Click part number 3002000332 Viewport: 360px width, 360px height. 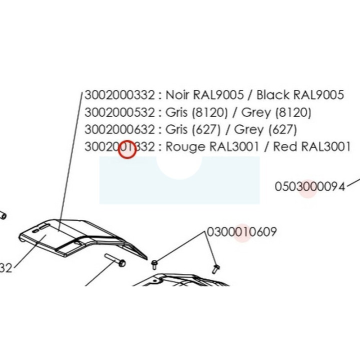(x=119, y=95)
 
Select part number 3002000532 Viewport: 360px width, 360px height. (x=119, y=112)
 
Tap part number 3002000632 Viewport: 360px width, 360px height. (x=119, y=129)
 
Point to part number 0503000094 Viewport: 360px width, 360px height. (x=310, y=186)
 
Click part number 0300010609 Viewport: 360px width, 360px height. (x=242, y=231)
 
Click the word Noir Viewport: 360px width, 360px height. (x=177, y=95)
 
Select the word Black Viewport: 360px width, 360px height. (x=273, y=94)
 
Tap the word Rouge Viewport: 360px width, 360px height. (x=185, y=146)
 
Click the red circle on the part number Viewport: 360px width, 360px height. (x=127, y=149)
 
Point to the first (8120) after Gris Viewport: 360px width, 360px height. (x=209, y=112)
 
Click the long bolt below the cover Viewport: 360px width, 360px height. (x=115, y=260)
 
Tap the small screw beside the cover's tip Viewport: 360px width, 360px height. (x=154, y=264)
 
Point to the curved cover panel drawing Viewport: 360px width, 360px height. (x=82, y=238)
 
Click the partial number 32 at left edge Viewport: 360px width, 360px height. (x=5, y=268)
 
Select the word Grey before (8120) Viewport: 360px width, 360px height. (x=256, y=113)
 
